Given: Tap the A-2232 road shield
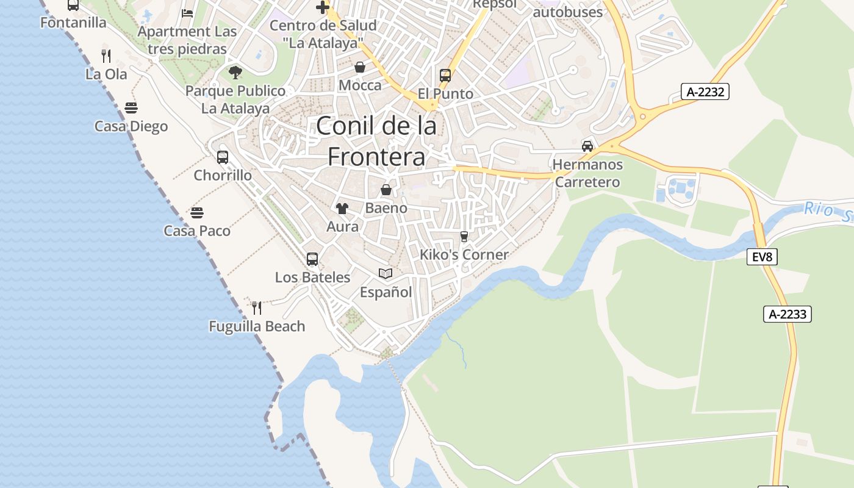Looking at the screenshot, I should pos(705,92).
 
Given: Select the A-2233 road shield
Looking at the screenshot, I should pos(787,315).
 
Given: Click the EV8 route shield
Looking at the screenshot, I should pos(762,257).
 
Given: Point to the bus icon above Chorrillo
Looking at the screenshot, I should pos(223,157).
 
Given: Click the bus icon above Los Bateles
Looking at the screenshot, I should pos(312,259).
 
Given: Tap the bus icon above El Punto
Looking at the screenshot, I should pos(445,76).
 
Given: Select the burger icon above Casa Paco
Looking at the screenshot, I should pos(196,213).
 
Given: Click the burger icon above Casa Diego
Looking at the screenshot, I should pos(131,108).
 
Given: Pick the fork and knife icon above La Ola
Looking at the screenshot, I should pos(106,56).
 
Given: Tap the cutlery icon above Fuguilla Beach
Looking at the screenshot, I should pos(257,307).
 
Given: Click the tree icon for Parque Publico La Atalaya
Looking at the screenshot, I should pos(235,73).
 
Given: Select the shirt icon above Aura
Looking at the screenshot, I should pos(342,209).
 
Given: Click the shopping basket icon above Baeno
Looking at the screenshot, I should pos(386,190).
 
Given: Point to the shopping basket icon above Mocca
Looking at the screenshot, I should pos(360,67).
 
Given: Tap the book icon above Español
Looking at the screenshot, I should pos(385,273).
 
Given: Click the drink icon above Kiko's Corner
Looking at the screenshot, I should pos(464,237).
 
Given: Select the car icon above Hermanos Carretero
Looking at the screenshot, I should pos(587,146).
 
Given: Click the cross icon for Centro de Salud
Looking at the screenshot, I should pos(323,7).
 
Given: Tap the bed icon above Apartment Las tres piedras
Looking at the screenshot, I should pos(187,13).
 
